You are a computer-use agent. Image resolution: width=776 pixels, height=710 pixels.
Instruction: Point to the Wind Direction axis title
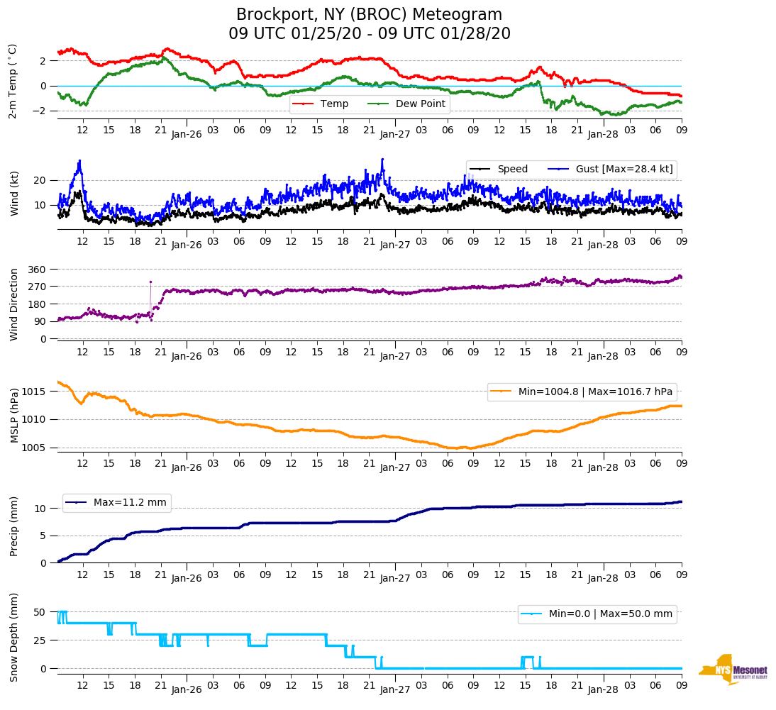point(13,304)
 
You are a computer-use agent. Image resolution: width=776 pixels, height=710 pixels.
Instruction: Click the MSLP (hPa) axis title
point(13,416)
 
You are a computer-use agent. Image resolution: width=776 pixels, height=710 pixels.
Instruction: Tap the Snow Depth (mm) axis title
point(13,637)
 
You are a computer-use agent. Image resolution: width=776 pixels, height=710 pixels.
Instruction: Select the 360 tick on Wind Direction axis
point(38,270)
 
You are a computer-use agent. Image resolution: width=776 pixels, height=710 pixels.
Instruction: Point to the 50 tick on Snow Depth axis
point(40,612)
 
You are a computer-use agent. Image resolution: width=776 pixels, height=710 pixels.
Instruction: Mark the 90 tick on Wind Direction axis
point(40,321)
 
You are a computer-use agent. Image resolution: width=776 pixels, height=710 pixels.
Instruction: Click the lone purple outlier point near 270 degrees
point(150,282)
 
